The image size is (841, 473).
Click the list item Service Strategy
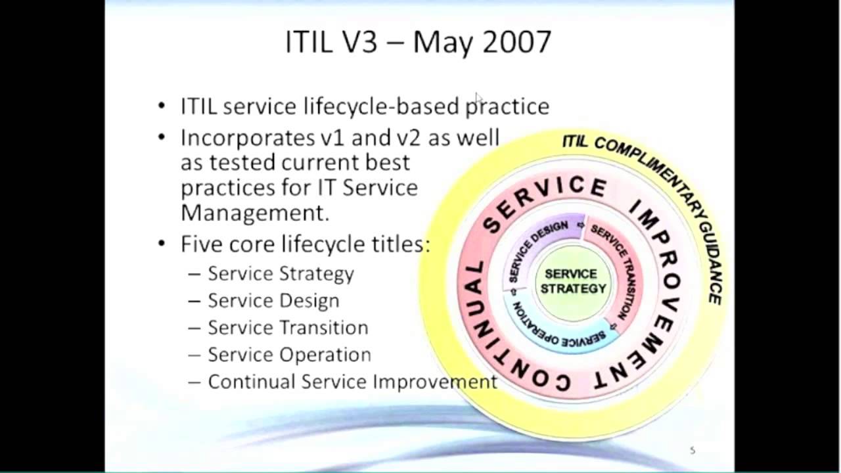[x=281, y=273]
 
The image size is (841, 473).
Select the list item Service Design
[x=273, y=301]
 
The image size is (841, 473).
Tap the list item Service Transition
[x=288, y=327]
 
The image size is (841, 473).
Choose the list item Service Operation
[x=289, y=355]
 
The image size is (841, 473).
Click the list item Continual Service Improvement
[x=352, y=382]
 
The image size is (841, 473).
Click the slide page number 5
[x=693, y=450]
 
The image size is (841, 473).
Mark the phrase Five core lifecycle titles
[x=306, y=244]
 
